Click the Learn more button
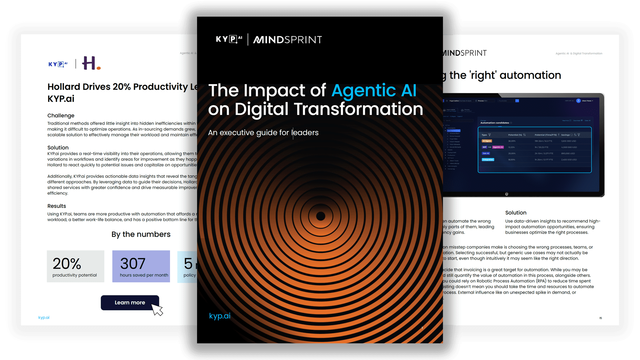click(130, 303)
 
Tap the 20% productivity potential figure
click(67, 264)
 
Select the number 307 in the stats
click(133, 264)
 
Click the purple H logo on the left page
click(91, 63)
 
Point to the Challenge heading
click(61, 116)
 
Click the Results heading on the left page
click(57, 206)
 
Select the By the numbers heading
click(141, 234)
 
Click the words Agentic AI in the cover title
click(374, 90)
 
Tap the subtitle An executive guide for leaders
click(263, 133)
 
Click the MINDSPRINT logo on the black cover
click(287, 40)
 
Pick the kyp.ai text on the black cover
click(220, 316)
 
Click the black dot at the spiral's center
click(321, 216)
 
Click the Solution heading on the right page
click(516, 213)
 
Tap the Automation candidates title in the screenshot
click(495, 123)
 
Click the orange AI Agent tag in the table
click(487, 141)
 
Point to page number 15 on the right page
click(600, 318)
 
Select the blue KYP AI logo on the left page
click(58, 64)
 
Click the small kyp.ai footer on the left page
click(44, 317)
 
